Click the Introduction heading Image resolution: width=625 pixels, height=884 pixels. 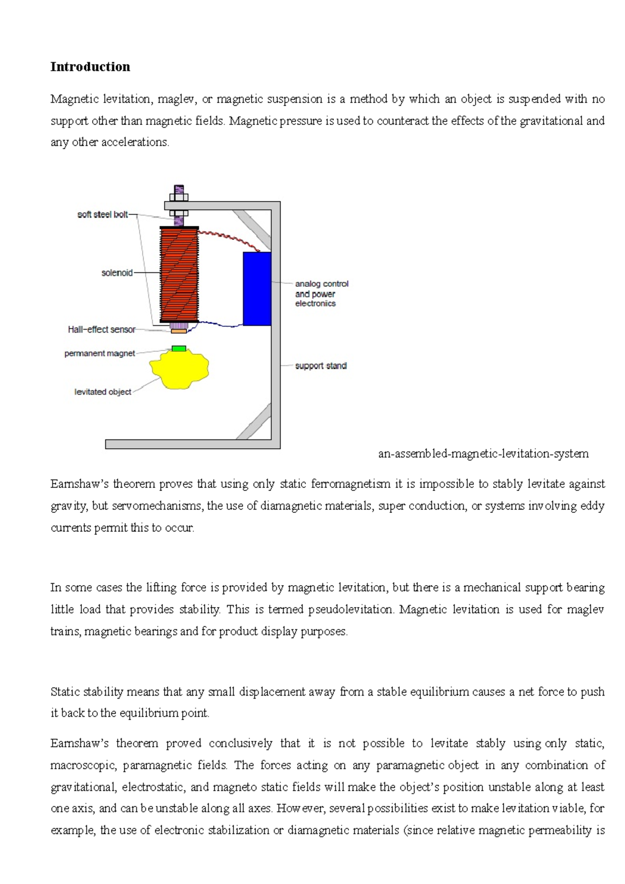click(x=90, y=67)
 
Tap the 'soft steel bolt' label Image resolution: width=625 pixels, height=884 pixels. click(x=103, y=214)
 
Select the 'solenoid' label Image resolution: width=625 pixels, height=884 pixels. click(x=117, y=273)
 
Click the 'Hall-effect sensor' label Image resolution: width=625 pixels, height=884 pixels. click(x=102, y=330)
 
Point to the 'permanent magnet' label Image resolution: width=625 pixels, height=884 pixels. click(x=99, y=353)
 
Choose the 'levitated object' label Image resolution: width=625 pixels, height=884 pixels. click(x=103, y=392)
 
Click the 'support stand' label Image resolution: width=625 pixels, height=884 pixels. click(x=321, y=366)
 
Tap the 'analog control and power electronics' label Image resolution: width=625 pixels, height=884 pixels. click(x=321, y=294)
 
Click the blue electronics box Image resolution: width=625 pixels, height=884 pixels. click(x=257, y=289)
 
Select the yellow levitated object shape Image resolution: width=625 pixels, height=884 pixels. click(x=179, y=369)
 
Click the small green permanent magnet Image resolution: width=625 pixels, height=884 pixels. click(x=179, y=348)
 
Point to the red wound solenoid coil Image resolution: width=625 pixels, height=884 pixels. click(x=179, y=275)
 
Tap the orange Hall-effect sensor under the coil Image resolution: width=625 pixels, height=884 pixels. click(x=179, y=331)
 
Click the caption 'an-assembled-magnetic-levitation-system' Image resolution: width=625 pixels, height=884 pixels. click(x=483, y=453)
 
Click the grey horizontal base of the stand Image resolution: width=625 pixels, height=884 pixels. click(x=193, y=444)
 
